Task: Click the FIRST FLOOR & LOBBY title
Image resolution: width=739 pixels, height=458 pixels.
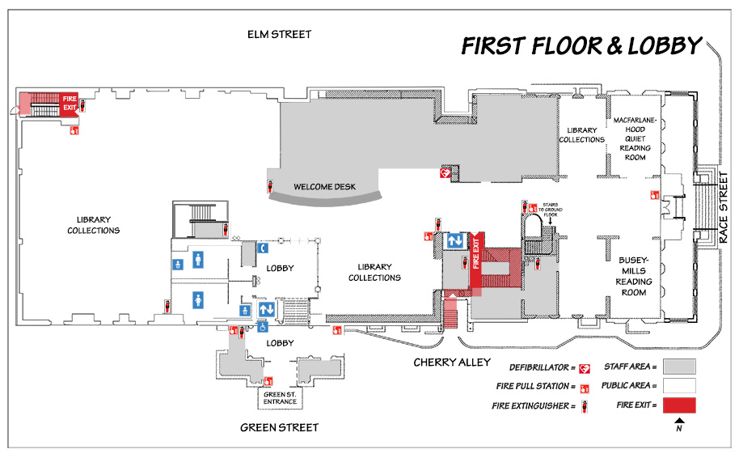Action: pyautogui.click(x=581, y=46)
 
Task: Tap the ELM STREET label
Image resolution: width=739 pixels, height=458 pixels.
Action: pyautogui.click(x=279, y=34)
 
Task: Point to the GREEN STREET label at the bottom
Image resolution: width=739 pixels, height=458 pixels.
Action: pyautogui.click(x=279, y=427)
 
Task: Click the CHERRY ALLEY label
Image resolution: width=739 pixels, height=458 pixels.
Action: pyautogui.click(x=447, y=362)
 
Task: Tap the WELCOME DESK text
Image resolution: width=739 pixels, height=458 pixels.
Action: pyautogui.click(x=324, y=187)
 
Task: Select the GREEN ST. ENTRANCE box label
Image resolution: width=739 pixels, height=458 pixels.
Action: pyautogui.click(x=280, y=398)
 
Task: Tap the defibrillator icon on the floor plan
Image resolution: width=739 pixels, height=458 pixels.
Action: pyautogui.click(x=444, y=173)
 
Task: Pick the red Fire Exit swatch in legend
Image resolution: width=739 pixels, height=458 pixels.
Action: pyautogui.click(x=678, y=405)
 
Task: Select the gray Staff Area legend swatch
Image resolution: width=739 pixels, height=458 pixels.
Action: pyautogui.click(x=678, y=366)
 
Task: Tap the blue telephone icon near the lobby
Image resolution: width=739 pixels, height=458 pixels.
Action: pyautogui.click(x=263, y=248)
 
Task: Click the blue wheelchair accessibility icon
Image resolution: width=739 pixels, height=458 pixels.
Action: pyautogui.click(x=262, y=327)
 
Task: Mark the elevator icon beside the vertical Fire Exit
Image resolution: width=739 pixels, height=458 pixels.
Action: pyautogui.click(x=454, y=241)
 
